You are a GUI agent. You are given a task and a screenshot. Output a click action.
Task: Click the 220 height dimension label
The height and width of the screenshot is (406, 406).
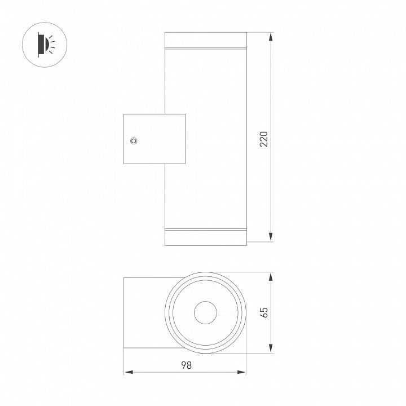click(x=264, y=139)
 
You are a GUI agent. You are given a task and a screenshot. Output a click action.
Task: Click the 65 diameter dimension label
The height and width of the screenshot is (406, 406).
click(x=264, y=312)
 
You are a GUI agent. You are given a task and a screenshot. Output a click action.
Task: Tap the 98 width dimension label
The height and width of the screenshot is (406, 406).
click(x=186, y=365)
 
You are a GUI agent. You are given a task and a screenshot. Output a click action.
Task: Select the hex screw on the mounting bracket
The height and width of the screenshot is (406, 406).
click(x=134, y=141)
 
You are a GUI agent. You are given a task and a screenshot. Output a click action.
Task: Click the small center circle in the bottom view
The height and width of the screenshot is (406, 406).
click(x=205, y=312)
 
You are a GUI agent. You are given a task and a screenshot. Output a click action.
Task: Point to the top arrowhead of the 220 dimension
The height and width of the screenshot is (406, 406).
click(x=271, y=37)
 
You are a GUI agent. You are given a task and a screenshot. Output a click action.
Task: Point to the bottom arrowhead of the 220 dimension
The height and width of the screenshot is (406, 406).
click(x=271, y=237)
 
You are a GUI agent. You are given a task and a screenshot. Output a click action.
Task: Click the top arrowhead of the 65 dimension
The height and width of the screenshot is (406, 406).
click(x=271, y=277)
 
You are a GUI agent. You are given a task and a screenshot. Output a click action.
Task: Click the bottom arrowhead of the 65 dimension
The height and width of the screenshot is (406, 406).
click(x=271, y=348)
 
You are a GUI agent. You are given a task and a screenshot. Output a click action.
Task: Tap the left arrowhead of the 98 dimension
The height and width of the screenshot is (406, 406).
click(x=129, y=372)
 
